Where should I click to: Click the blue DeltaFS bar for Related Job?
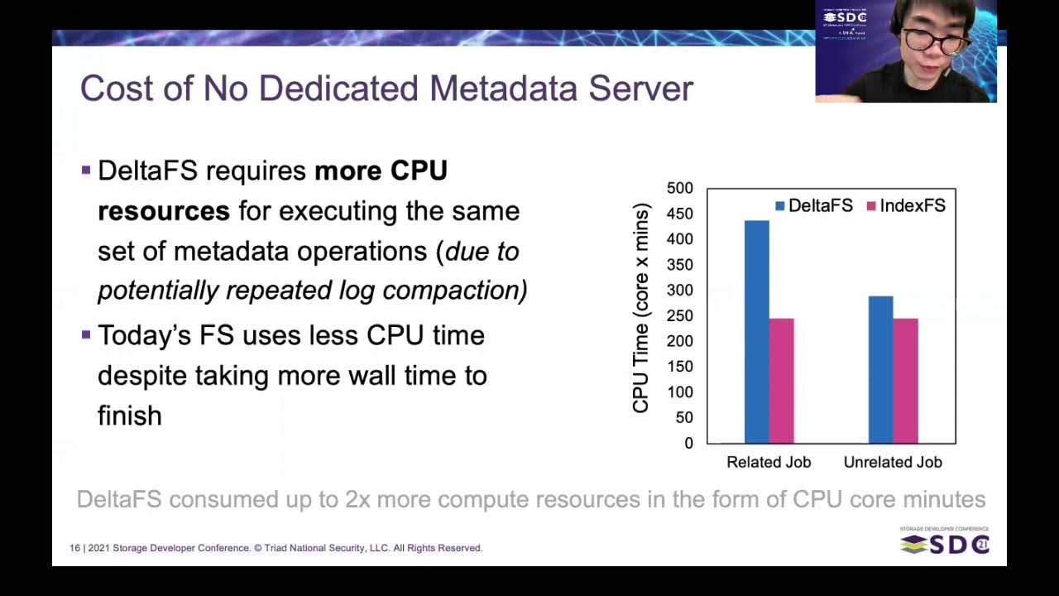[756, 331]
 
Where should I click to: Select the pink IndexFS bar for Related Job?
[781, 381]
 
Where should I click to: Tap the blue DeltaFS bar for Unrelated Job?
[880, 369]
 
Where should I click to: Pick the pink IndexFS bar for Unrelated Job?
[905, 381]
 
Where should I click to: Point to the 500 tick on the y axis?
[679, 189]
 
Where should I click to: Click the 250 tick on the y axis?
[679, 315]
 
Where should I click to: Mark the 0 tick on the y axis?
[688, 444]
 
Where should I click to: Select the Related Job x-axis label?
[769, 463]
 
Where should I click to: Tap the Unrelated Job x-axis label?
[893, 463]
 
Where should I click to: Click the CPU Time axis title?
[641, 308]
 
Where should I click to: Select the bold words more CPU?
[381, 171]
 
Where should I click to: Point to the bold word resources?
[164, 211]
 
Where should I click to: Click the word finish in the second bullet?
[130, 416]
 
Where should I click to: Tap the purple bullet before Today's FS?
[86, 335]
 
